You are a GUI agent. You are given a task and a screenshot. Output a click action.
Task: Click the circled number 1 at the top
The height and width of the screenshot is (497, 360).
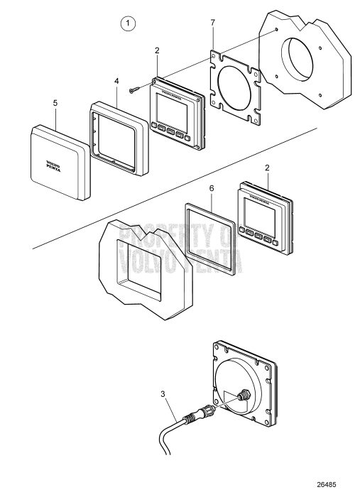(x=128, y=24)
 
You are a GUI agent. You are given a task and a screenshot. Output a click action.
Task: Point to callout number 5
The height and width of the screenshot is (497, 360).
(x=55, y=102)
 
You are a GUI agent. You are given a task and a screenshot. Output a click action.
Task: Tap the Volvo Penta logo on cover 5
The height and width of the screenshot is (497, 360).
(x=54, y=168)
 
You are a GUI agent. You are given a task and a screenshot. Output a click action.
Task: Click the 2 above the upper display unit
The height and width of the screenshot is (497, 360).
(x=156, y=52)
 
